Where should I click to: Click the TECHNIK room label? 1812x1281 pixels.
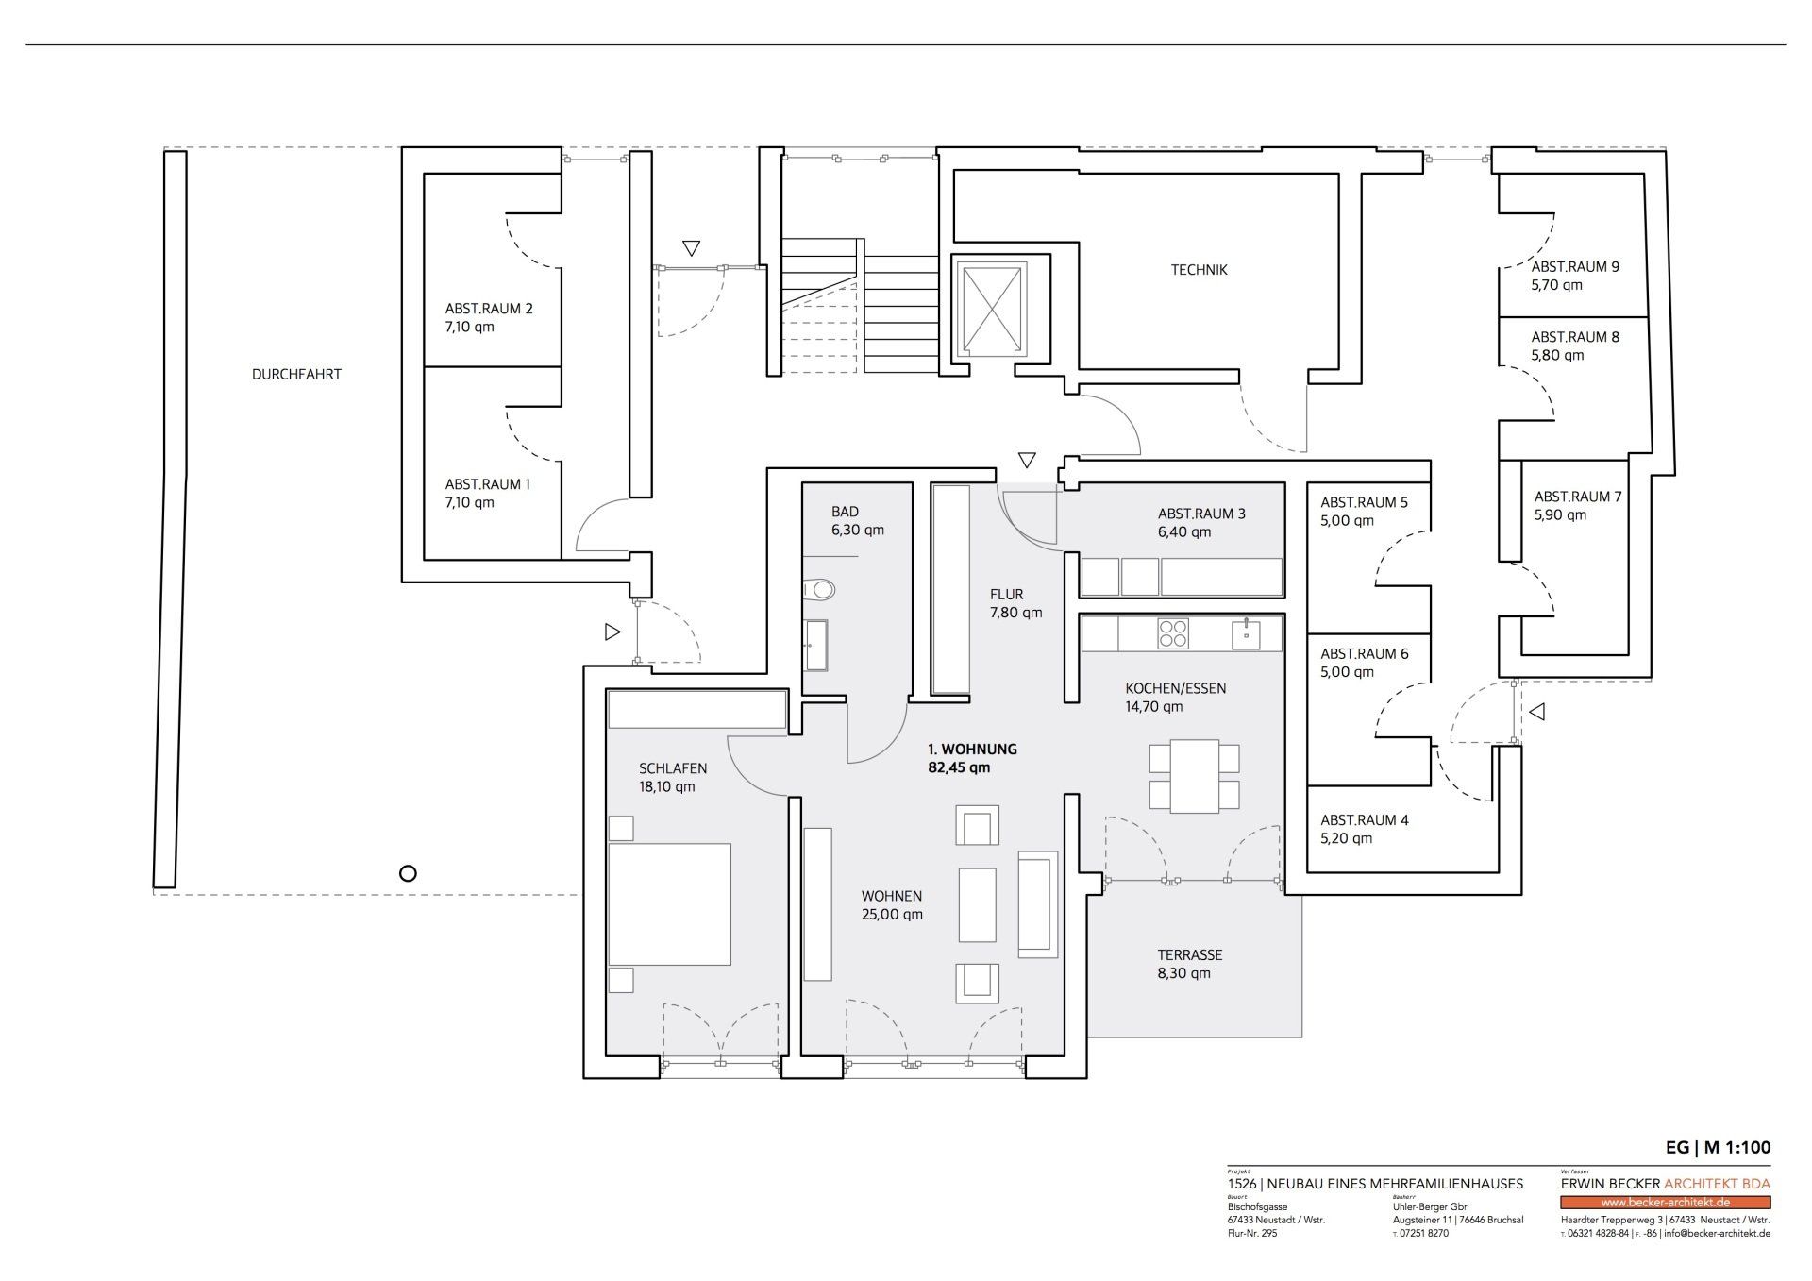point(1199,270)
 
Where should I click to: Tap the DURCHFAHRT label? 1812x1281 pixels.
point(296,374)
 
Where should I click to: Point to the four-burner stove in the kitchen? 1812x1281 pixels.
point(1173,633)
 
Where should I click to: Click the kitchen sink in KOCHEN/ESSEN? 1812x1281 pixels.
point(1246,633)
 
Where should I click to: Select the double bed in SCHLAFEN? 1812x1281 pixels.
point(669,903)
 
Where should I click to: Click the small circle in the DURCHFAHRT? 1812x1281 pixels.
point(408,873)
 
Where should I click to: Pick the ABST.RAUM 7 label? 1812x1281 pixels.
point(1578,497)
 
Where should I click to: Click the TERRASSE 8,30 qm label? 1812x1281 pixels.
point(1189,964)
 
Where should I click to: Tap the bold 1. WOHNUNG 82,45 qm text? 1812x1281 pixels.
point(972,758)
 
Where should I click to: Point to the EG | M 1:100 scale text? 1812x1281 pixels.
point(1719,1148)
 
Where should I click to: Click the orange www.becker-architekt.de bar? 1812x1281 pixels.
point(1666,1203)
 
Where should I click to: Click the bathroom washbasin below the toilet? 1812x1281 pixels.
point(816,646)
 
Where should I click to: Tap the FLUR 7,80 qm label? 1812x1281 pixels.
point(1015,603)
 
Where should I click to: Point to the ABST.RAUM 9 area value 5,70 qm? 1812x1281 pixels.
point(1557,285)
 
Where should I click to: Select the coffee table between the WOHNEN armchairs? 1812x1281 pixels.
point(978,904)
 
